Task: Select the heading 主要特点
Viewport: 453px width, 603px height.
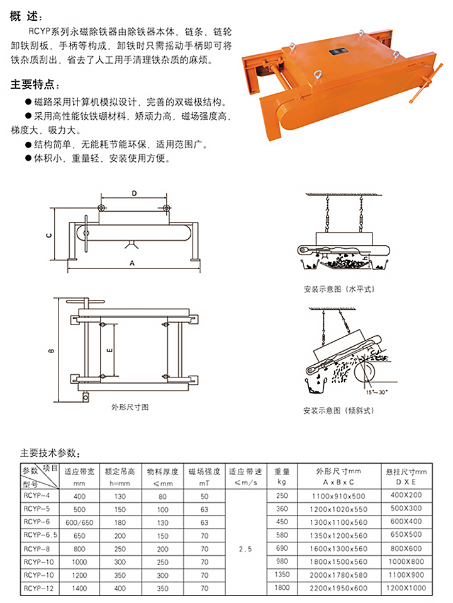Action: pos(36,83)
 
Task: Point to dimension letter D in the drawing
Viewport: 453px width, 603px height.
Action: pos(134,193)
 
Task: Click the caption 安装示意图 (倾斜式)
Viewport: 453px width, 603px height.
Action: pos(338,410)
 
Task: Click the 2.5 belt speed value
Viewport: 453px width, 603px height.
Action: pos(245,549)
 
